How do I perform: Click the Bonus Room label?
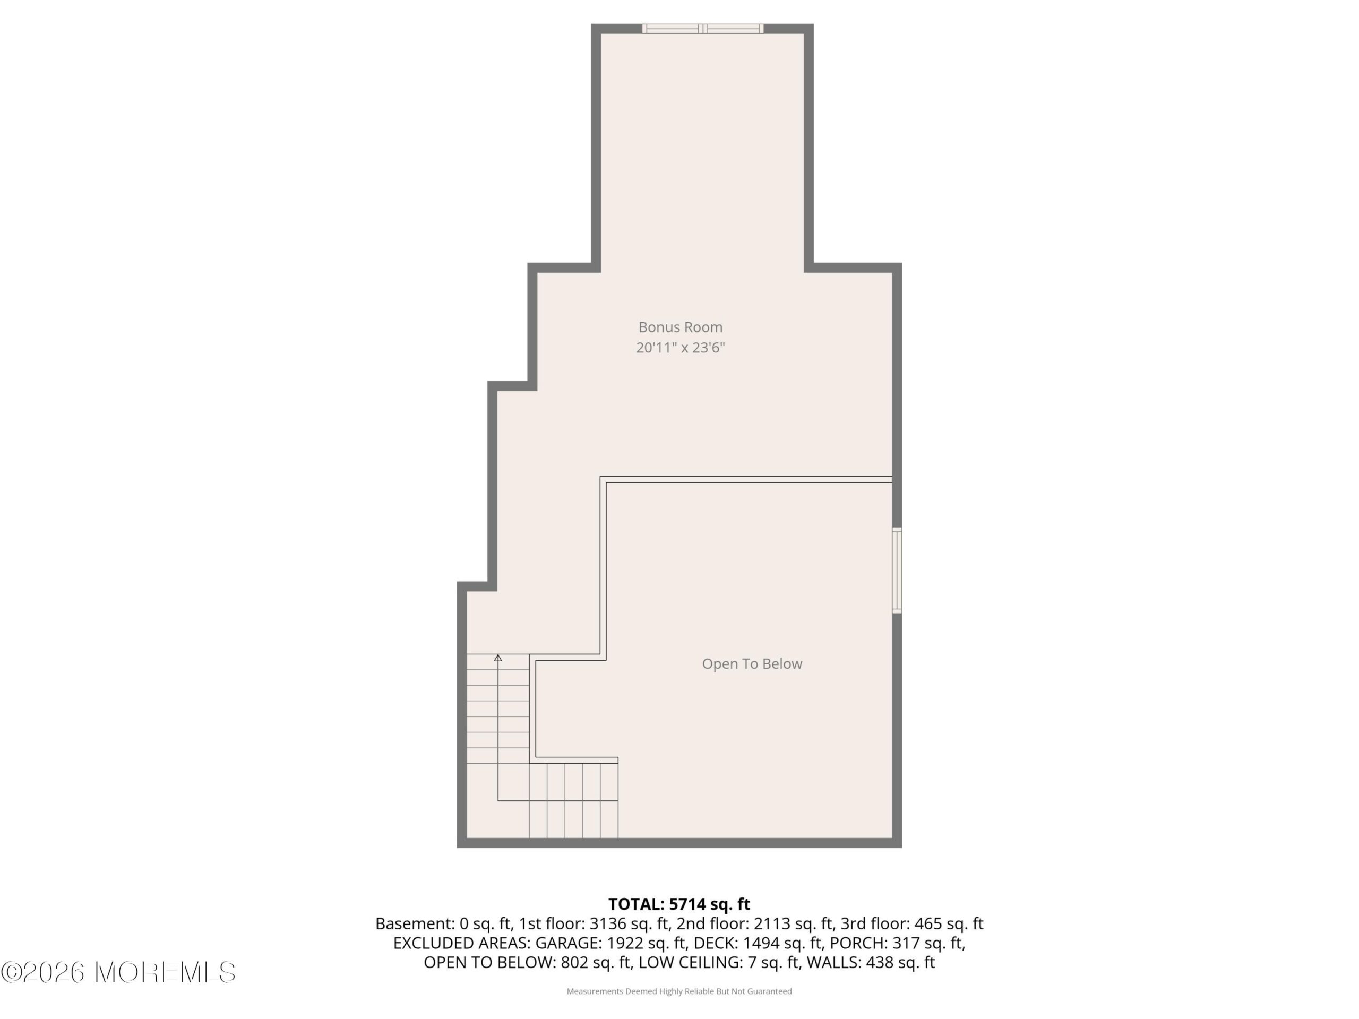coord(680,327)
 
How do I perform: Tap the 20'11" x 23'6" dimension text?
coord(680,348)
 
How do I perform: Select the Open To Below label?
coord(752,664)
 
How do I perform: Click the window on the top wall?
coord(703,28)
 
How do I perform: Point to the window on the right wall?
coord(897,570)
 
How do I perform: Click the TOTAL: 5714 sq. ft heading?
coord(679,904)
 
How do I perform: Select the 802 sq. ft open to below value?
coord(597,963)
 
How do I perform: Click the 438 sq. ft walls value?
coord(900,963)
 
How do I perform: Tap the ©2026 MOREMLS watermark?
coord(118,972)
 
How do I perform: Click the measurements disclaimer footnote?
coord(679,991)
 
